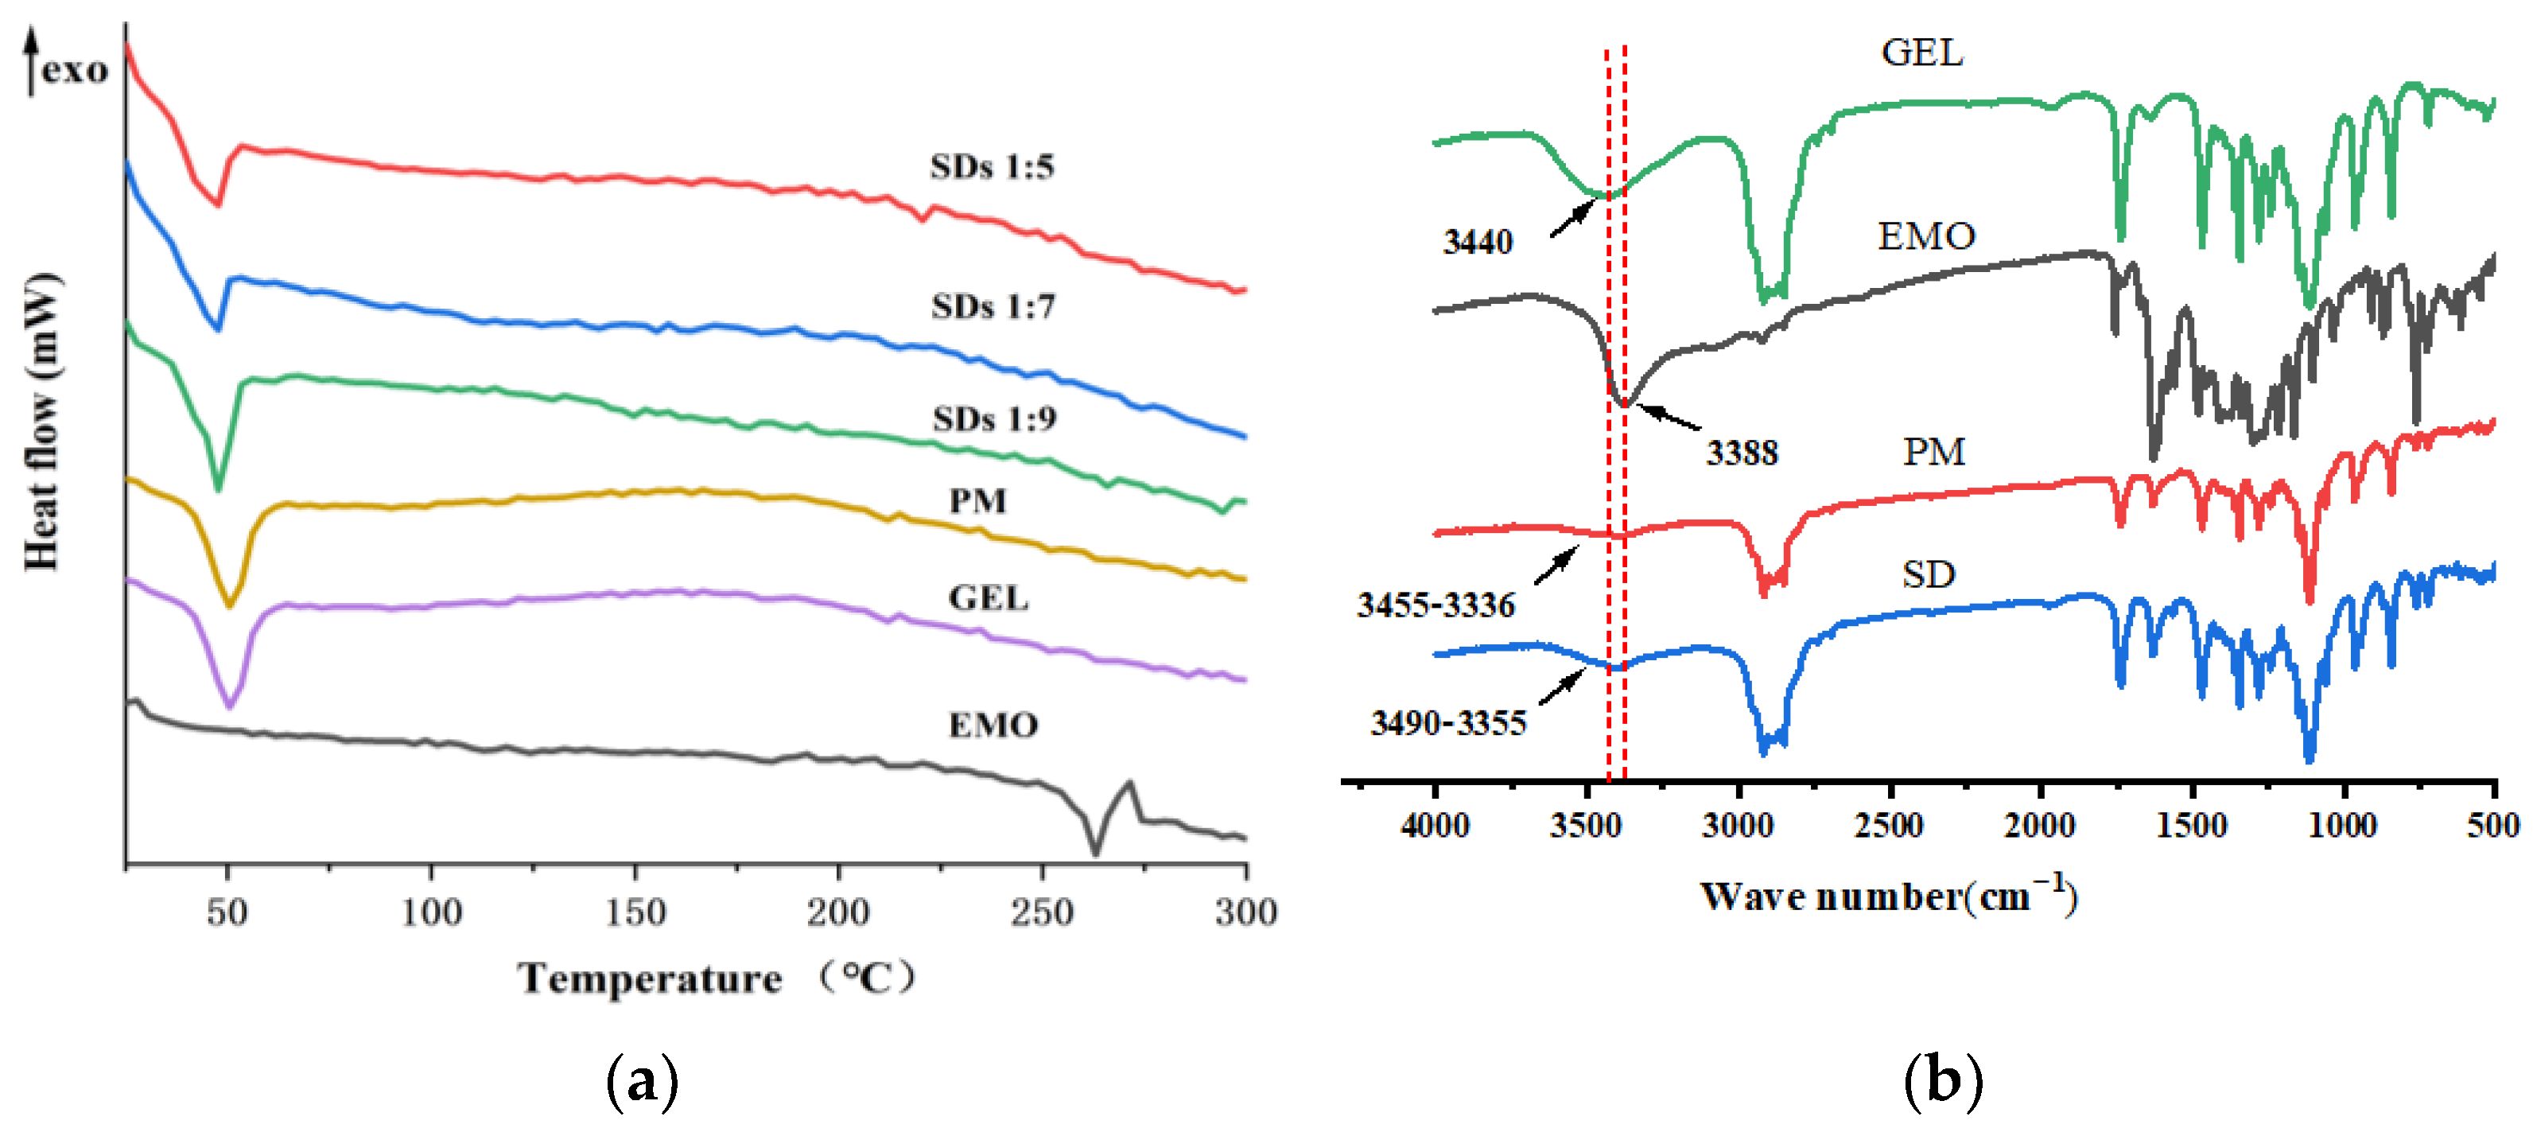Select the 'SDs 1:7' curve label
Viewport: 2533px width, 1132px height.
(x=993, y=307)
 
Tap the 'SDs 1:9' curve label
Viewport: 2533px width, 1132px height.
(x=994, y=419)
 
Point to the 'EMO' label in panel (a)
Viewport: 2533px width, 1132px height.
(x=993, y=725)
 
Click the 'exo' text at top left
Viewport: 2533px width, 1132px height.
(x=75, y=70)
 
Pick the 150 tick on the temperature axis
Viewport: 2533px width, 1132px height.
(x=635, y=912)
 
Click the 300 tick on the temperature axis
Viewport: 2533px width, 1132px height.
(x=1245, y=912)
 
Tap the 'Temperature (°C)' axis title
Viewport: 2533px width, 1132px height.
(x=716, y=978)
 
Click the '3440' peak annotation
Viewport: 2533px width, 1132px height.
(x=1477, y=241)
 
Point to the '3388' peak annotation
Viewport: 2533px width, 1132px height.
(x=1742, y=453)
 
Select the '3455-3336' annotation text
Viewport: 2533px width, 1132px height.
(x=1435, y=604)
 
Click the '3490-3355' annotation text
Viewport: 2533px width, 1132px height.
(x=1448, y=723)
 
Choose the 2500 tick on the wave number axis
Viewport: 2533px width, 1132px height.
(x=1889, y=824)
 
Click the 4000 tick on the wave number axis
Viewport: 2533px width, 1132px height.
(x=1435, y=824)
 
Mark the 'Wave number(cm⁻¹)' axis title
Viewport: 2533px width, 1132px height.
(x=1888, y=896)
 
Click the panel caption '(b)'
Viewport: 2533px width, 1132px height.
(x=1943, y=1081)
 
